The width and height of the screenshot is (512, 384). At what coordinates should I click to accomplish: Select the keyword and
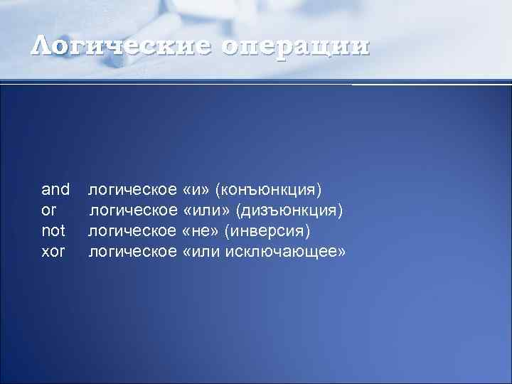click(55, 189)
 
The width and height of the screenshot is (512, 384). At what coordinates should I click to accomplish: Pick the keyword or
click(48, 210)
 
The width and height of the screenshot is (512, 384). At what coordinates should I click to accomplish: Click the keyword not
click(53, 230)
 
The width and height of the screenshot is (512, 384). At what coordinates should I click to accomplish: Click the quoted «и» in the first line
click(196, 190)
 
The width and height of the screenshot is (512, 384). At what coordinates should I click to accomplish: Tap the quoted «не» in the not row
click(202, 231)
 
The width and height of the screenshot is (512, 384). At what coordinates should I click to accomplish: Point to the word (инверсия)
click(268, 231)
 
